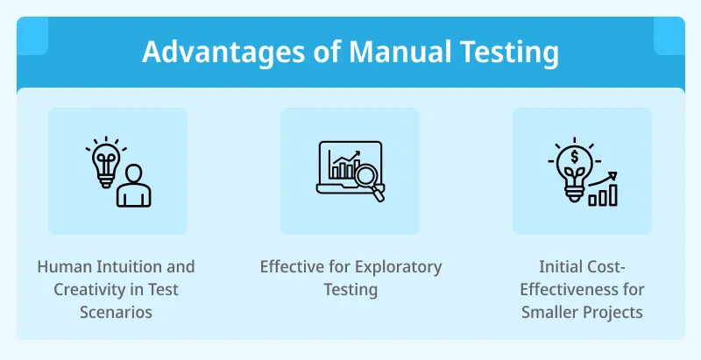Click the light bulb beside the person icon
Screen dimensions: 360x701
coord(105,159)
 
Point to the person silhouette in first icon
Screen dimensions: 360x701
coord(133,186)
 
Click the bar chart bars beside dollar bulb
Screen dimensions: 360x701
coord(603,195)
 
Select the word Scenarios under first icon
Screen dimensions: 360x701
coord(117,312)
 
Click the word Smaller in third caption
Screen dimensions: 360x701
coord(549,312)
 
